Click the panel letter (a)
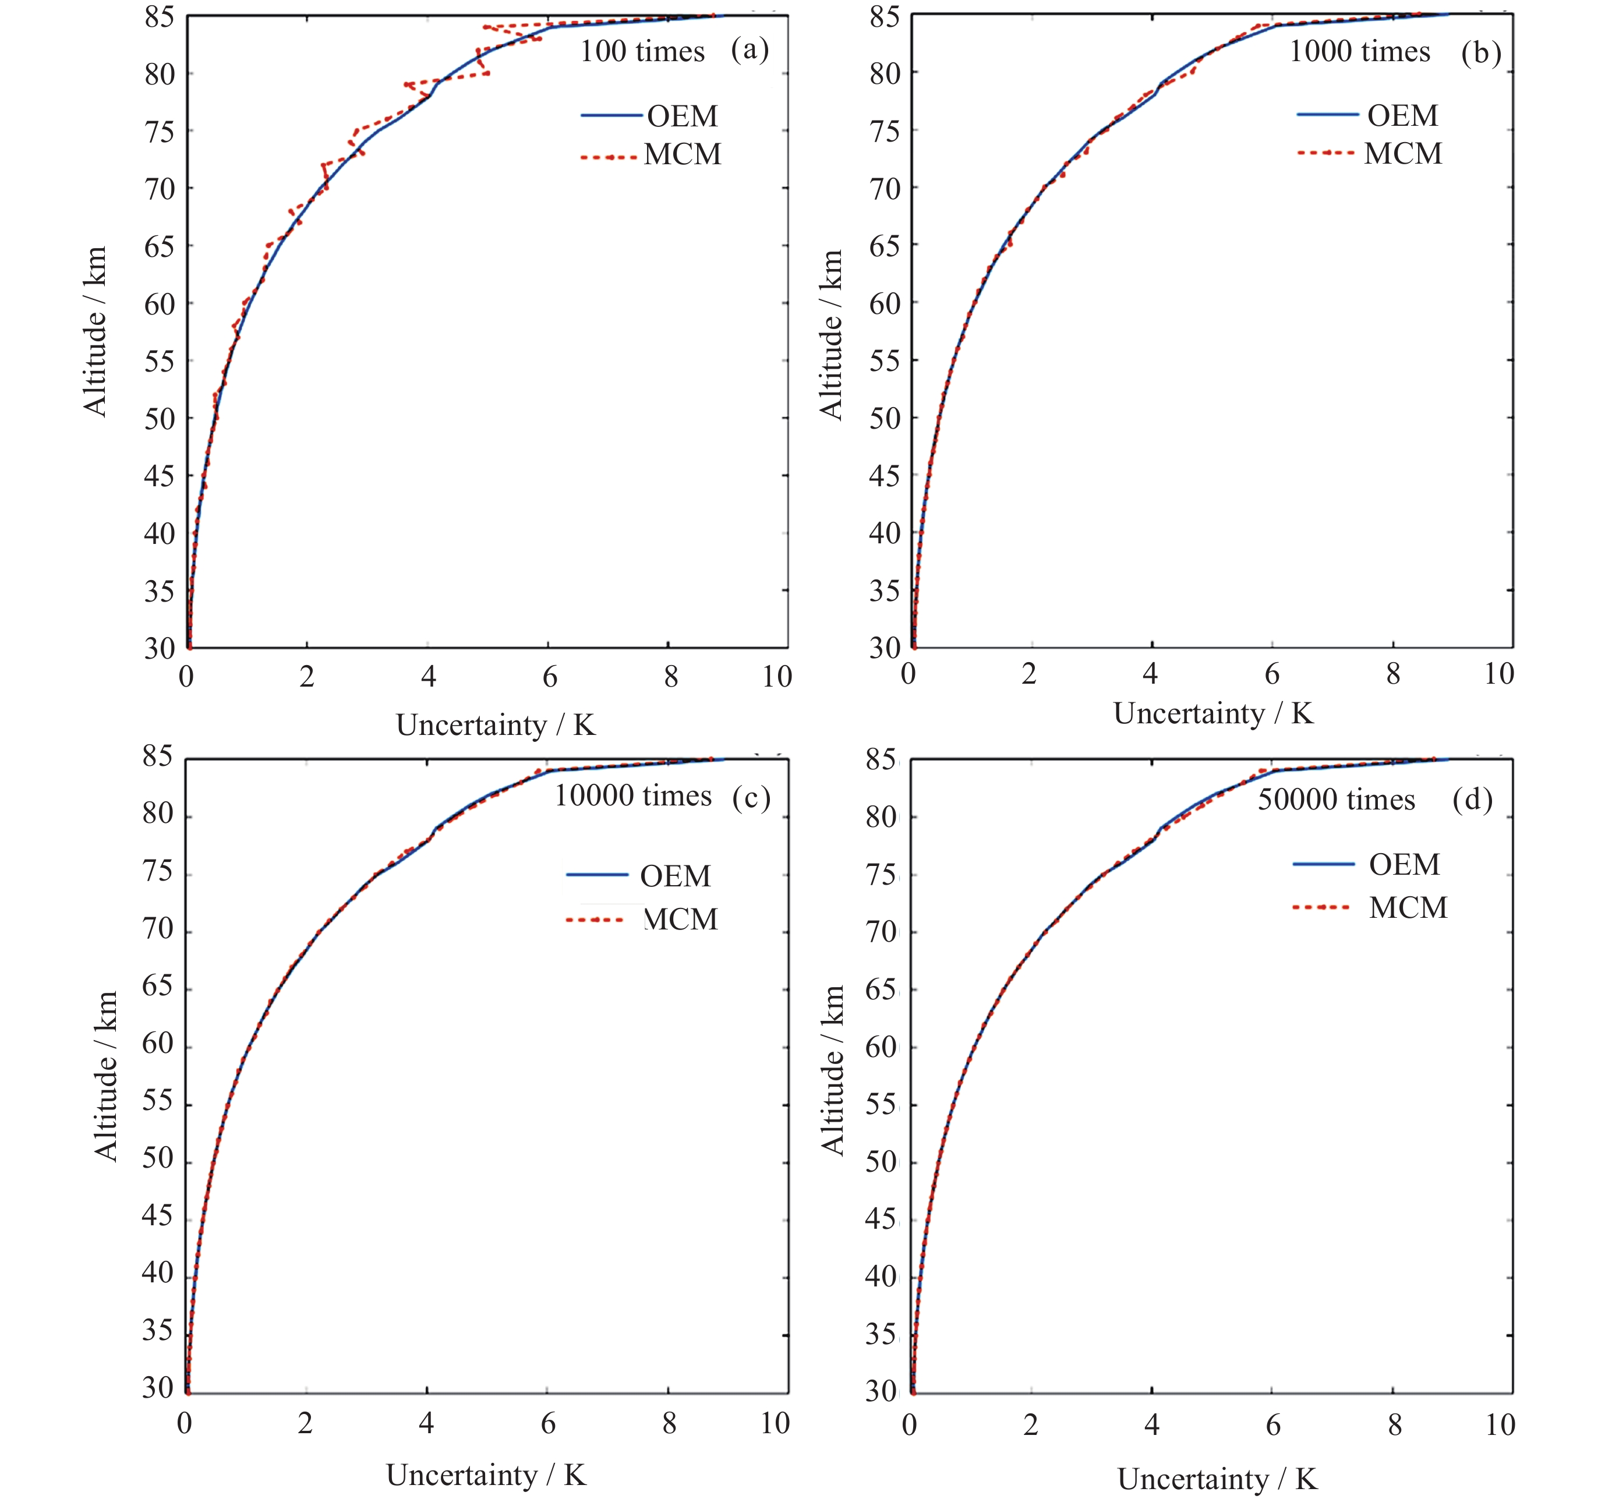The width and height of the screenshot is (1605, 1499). pos(750,50)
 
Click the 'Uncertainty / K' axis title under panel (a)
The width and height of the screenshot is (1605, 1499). pos(496,725)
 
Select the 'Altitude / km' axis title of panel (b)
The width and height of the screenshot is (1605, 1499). pos(831,334)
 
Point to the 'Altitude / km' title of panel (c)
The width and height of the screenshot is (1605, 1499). pos(106,1077)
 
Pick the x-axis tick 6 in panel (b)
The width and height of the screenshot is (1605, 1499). pos(1271,674)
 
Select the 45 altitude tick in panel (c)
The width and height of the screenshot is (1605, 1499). pos(157,1215)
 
